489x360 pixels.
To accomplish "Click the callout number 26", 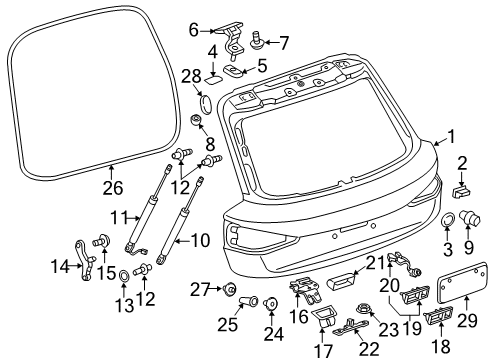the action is point(113,188).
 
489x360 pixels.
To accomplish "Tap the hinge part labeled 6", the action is point(232,39).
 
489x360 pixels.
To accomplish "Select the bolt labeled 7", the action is point(257,41).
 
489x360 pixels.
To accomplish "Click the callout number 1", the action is point(451,137).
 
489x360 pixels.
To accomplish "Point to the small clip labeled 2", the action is point(461,193).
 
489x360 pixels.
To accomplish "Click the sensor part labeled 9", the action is point(470,218).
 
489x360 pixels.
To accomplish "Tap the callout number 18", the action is point(442,346).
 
